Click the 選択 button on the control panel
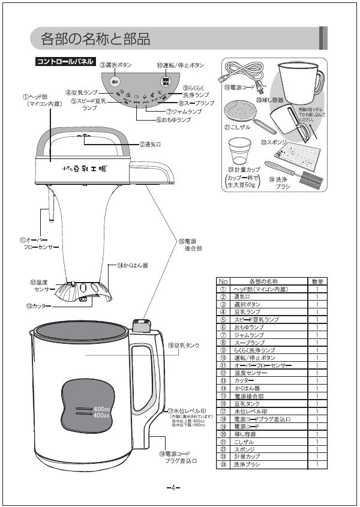tap(116, 80)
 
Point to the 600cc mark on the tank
tap(101, 409)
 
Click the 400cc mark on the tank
tap(101, 415)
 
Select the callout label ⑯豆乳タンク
tap(183, 345)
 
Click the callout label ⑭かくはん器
tap(132, 265)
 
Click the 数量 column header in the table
tap(317, 281)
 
